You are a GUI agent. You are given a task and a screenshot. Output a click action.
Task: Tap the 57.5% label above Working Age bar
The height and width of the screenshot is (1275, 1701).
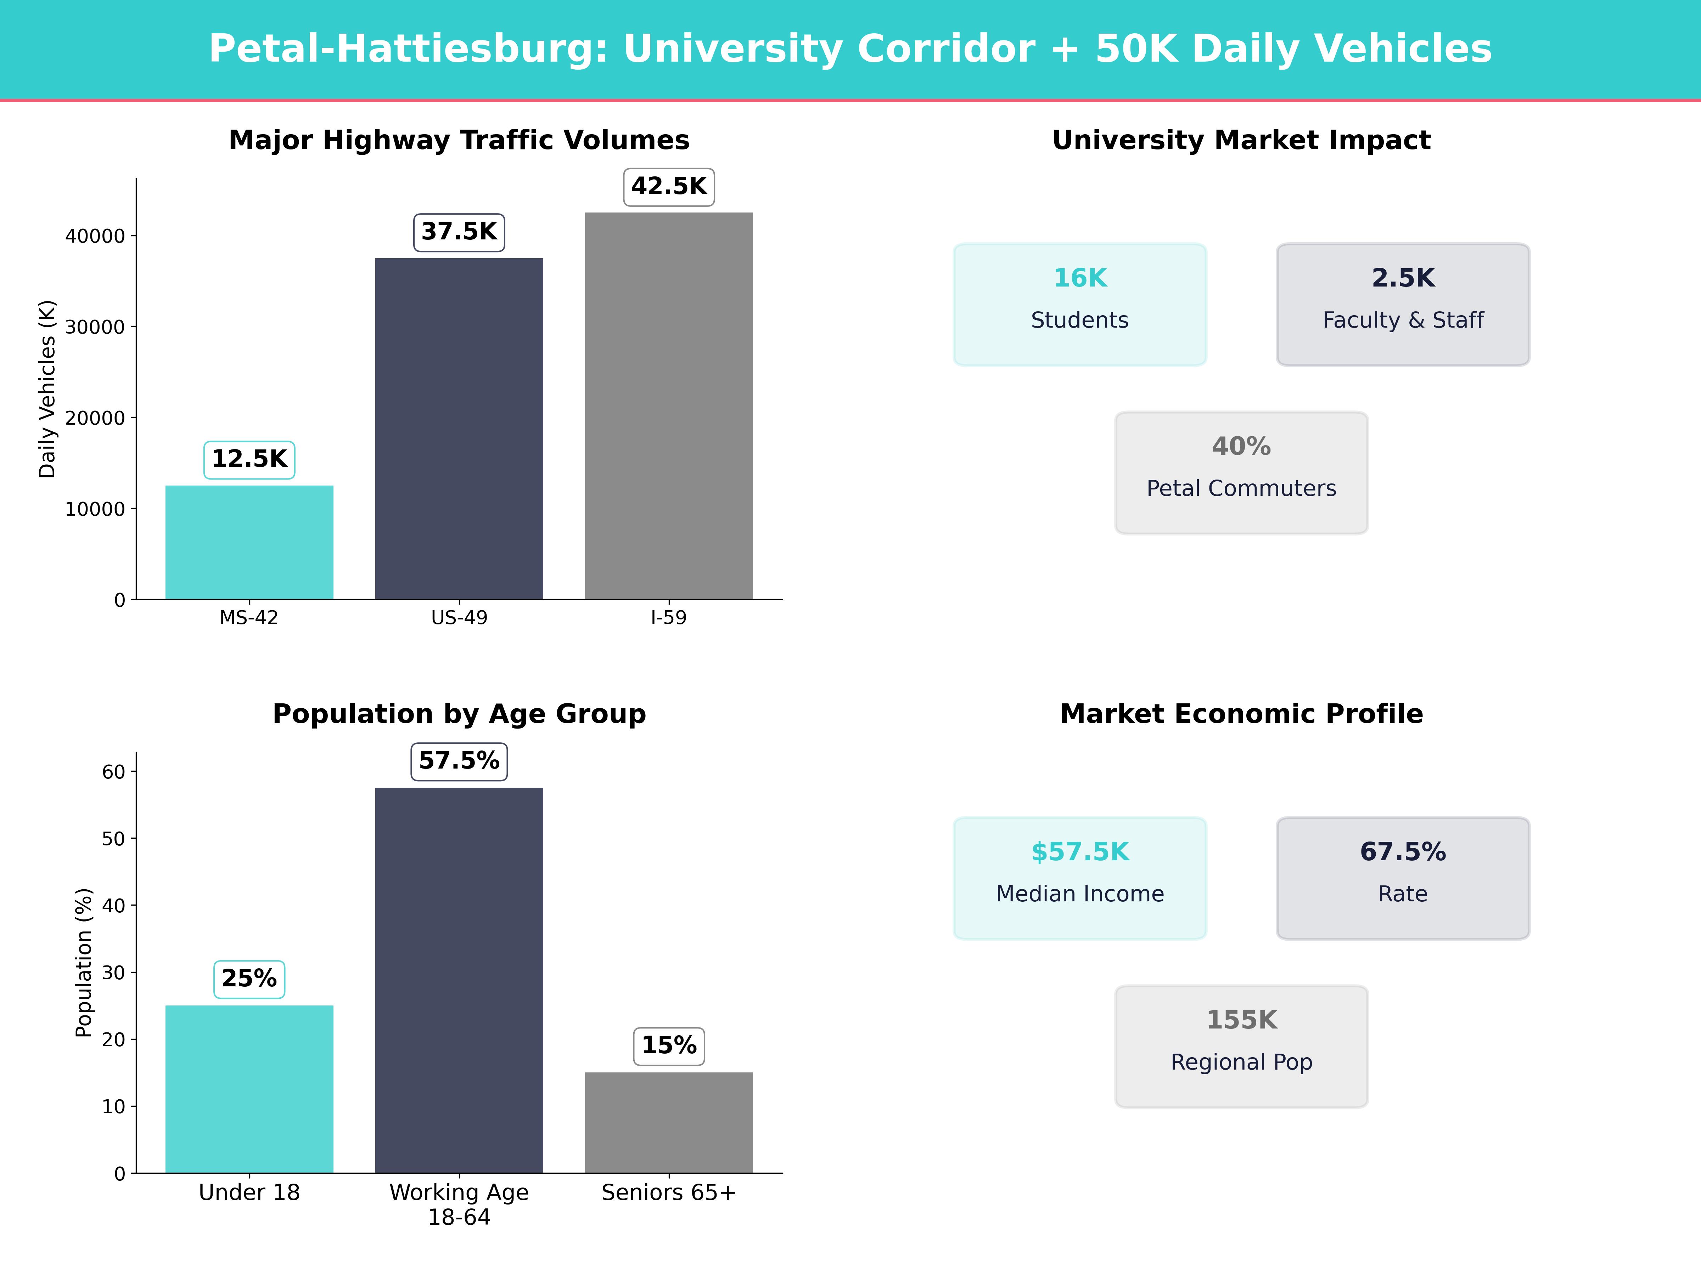click(459, 761)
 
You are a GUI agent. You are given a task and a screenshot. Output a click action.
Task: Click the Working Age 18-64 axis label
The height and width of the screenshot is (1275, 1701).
click(459, 1204)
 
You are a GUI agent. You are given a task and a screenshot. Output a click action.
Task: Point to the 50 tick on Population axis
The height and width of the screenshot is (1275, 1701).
click(113, 838)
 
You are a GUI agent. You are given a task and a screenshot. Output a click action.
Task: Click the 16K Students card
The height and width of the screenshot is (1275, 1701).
click(1080, 304)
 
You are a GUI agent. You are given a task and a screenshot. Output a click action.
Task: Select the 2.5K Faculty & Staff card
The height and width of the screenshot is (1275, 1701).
click(1403, 304)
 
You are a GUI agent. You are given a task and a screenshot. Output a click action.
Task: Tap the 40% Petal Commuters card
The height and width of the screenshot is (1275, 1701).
click(1241, 473)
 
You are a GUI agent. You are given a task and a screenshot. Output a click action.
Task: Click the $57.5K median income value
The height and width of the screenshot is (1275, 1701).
click(1080, 851)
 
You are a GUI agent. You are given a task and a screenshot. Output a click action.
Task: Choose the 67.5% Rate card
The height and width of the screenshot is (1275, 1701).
click(1403, 878)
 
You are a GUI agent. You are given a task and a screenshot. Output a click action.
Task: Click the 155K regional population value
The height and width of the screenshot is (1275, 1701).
click(1241, 1020)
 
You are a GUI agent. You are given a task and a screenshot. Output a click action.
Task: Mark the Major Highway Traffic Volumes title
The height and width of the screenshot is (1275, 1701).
click(459, 140)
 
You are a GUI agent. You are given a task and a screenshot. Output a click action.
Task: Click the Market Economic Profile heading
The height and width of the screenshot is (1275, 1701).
click(1241, 714)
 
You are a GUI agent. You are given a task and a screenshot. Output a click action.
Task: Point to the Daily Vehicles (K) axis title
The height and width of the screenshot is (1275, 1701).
click(48, 389)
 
